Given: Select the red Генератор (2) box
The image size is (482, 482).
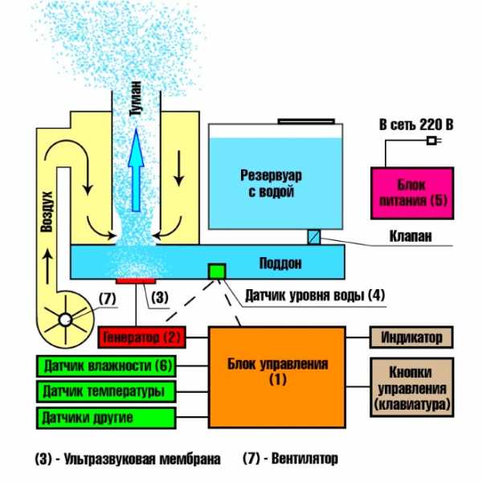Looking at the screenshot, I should (x=143, y=334).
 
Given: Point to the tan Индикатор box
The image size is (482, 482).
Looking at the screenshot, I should (x=412, y=337).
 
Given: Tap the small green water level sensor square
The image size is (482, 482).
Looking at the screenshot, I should (x=215, y=272).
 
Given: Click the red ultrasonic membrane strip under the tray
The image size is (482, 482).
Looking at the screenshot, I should (x=135, y=281).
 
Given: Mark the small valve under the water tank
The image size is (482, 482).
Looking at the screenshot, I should (x=315, y=237).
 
